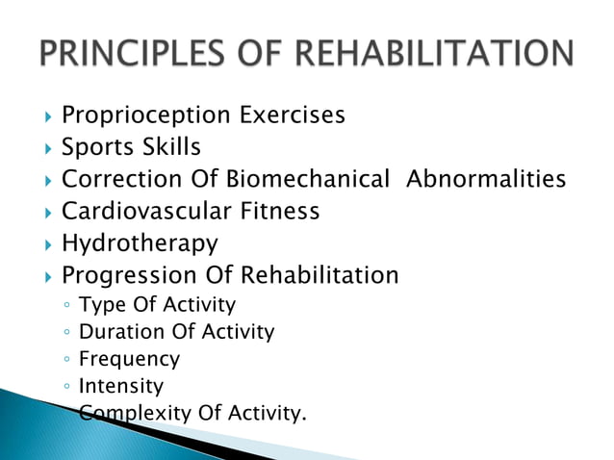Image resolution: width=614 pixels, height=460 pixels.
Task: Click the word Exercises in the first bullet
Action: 292,116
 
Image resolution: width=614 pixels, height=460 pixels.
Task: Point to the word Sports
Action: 98,148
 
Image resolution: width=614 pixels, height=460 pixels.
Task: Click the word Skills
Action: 173,148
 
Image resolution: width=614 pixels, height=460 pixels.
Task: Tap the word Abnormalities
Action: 487,180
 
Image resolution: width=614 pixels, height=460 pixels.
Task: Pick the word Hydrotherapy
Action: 140,243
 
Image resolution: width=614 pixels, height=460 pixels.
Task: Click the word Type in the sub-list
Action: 98,306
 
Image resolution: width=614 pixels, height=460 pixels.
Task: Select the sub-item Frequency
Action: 129,360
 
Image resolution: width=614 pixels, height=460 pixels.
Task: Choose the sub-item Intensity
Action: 121,387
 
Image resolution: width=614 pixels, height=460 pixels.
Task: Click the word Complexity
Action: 136,415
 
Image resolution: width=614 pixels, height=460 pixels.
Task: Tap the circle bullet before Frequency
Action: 64,361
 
